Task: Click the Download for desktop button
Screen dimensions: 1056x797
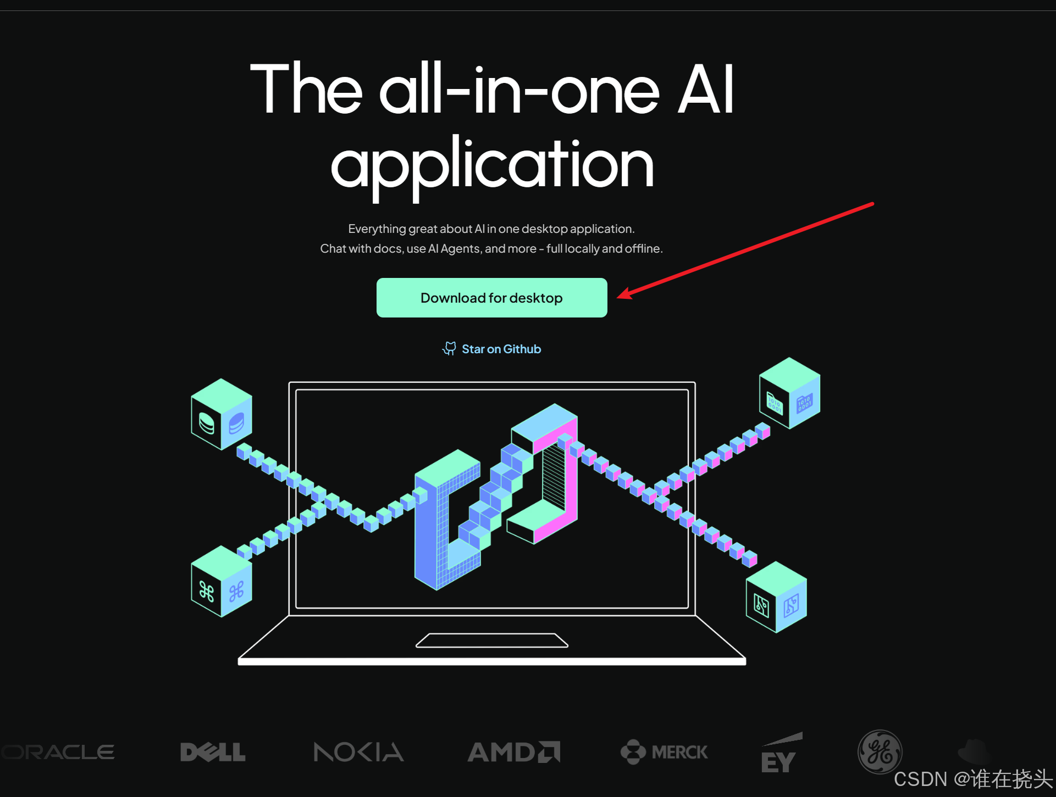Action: pyautogui.click(x=491, y=298)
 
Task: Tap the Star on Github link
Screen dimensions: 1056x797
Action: pyautogui.click(x=501, y=349)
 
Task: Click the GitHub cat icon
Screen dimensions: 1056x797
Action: pyautogui.click(x=449, y=348)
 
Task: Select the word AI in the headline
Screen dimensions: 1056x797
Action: pyautogui.click(x=705, y=90)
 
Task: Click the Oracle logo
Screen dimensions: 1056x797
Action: pyautogui.click(x=58, y=751)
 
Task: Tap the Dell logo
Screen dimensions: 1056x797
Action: pyautogui.click(x=213, y=752)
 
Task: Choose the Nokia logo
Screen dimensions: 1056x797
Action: pyautogui.click(x=358, y=752)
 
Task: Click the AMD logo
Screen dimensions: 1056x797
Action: pyautogui.click(x=513, y=752)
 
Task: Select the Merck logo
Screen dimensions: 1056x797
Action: pyautogui.click(x=664, y=752)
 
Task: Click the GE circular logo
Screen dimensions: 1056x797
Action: pyautogui.click(x=880, y=751)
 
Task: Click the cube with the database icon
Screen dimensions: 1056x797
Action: pyautogui.click(x=221, y=415)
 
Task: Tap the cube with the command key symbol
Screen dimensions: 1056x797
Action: pyautogui.click(x=221, y=582)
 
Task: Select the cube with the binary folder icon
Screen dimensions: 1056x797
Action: pyautogui.click(x=789, y=393)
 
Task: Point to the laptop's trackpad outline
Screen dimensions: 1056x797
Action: pyautogui.click(x=492, y=640)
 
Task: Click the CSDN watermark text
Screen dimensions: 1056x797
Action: pyautogui.click(x=972, y=779)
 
